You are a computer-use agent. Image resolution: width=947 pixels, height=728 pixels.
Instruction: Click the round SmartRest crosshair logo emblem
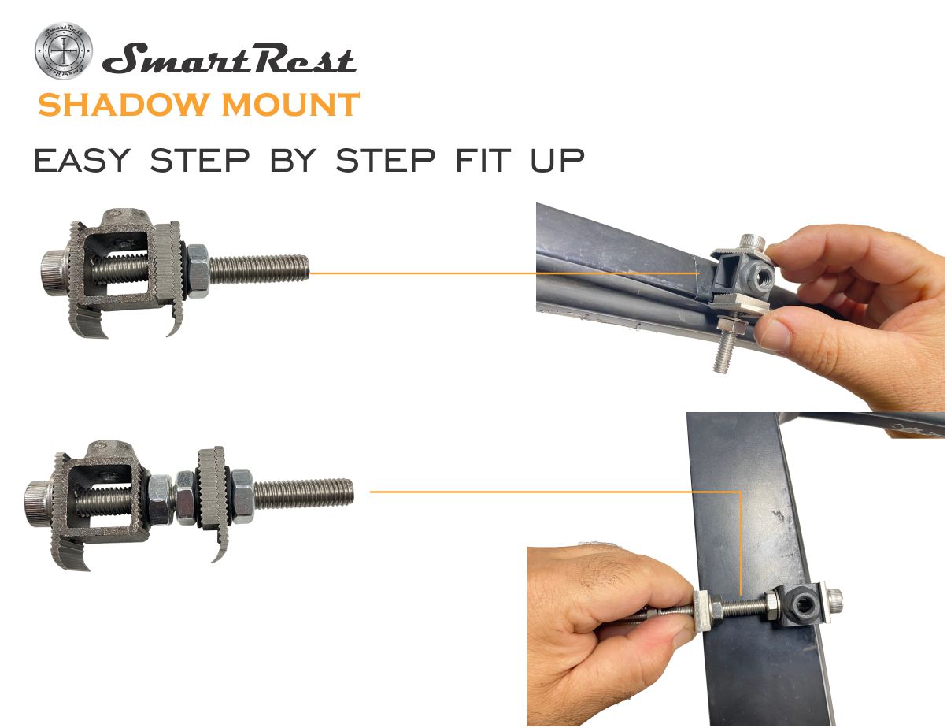[x=64, y=51]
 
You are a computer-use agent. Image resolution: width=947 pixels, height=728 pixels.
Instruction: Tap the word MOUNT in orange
[x=290, y=105]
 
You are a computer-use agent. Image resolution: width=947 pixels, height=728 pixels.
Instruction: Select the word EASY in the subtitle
[x=83, y=160]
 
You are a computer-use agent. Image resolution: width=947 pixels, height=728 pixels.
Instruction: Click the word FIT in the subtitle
[x=483, y=160]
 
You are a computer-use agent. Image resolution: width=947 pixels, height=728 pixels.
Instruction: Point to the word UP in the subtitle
[x=557, y=160]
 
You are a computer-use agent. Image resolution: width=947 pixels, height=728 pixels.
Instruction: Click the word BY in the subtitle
[x=293, y=160]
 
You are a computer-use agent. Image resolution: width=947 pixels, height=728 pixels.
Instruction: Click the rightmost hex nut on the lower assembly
[x=242, y=496]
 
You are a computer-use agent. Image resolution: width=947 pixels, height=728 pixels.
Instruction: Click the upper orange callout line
[x=505, y=273]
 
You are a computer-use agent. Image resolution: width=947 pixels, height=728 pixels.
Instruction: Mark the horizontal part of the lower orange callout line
[x=556, y=492]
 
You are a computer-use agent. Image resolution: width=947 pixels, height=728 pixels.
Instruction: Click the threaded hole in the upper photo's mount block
[x=761, y=276]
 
